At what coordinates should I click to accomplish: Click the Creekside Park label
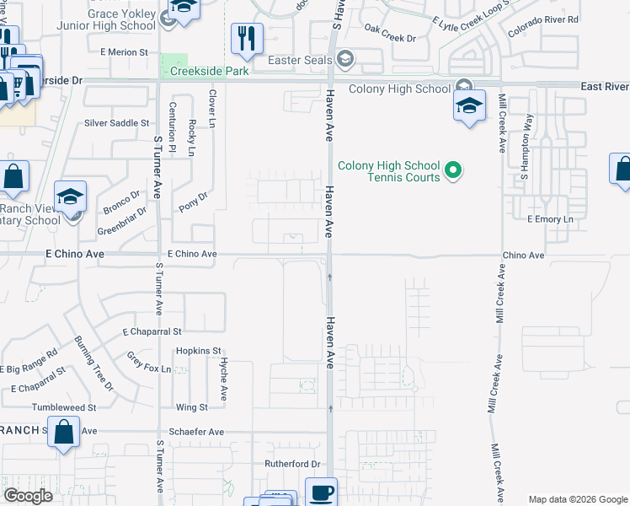209,72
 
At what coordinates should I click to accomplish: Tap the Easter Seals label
299,60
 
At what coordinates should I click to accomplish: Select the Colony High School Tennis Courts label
389,170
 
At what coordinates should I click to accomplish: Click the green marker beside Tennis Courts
453,170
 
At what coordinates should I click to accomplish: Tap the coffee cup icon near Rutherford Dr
320,493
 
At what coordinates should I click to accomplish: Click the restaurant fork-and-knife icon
247,38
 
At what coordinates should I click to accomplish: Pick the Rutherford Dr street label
293,464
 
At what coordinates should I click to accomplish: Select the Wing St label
192,407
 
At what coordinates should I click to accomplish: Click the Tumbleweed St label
64,407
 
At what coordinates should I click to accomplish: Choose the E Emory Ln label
550,219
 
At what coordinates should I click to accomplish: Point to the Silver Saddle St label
116,122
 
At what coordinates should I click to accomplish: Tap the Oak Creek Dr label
391,39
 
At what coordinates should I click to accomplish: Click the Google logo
28,496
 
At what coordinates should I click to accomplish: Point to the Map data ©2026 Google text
577,499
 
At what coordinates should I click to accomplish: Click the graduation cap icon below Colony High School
469,106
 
